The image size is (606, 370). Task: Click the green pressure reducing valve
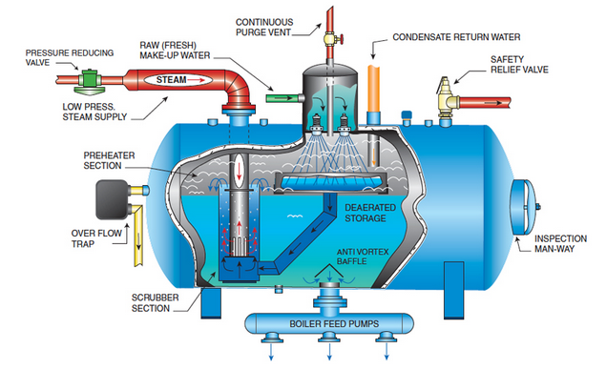coord(89,80)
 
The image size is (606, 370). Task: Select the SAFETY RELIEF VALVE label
coord(519,63)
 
